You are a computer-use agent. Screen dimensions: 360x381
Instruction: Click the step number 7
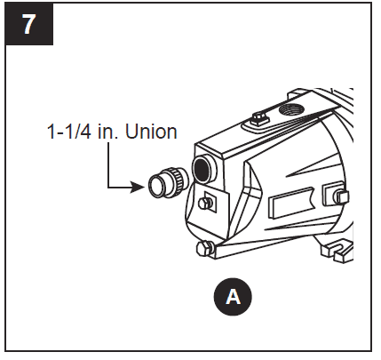29,24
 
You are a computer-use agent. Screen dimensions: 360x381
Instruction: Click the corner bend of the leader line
108,187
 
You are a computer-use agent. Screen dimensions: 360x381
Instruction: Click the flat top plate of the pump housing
240,133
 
